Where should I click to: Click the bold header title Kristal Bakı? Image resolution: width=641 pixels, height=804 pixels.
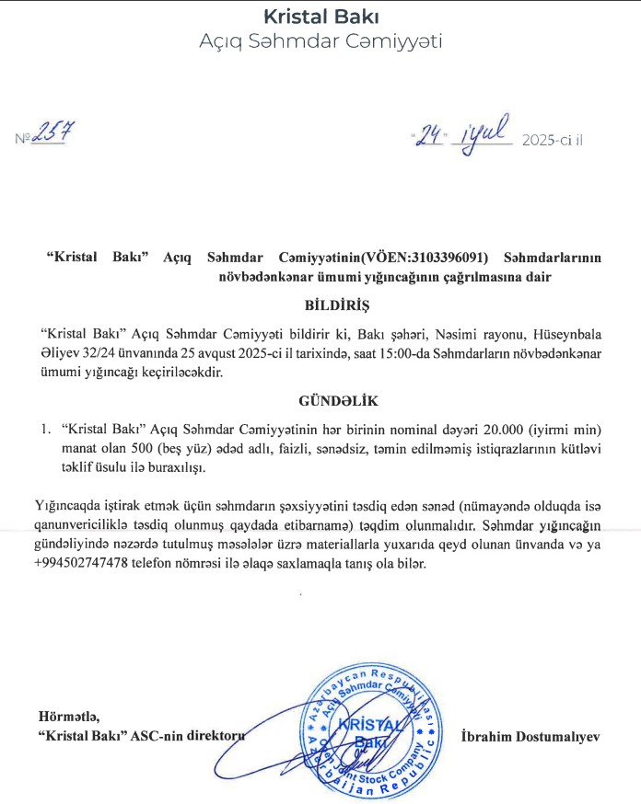pyautogui.click(x=320, y=17)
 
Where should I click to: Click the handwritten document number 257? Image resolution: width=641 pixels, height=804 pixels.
pyautogui.click(x=54, y=135)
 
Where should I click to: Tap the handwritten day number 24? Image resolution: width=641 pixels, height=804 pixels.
pyautogui.click(x=431, y=138)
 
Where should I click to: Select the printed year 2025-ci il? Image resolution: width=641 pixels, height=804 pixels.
pyautogui.click(x=553, y=140)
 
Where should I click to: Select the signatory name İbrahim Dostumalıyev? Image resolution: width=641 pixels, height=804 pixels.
pyautogui.click(x=530, y=736)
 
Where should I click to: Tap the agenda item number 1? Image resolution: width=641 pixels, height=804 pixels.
pyautogui.click(x=44, y=431)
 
